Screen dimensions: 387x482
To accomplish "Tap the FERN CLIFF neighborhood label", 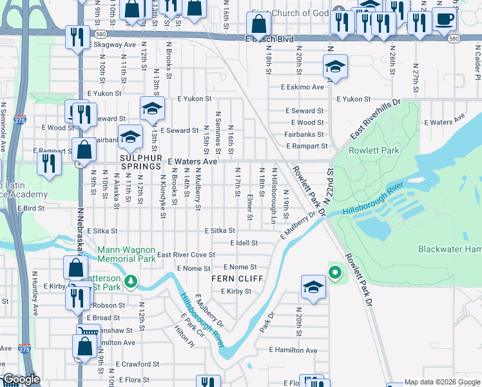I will [237, 279].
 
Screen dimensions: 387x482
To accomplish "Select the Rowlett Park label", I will [374, 150].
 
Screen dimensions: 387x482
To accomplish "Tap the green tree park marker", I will [131, 281].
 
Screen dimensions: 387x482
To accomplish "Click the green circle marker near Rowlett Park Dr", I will [334, 272].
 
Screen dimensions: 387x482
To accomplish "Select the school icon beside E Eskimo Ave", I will [334, 66].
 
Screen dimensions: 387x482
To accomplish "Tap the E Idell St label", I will [244, 243].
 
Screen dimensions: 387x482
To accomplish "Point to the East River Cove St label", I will [186, 255].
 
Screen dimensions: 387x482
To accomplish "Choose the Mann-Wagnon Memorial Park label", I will [126, 254].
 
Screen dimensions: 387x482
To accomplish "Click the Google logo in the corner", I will [22, 380].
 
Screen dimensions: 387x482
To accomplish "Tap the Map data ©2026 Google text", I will [441, 382].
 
